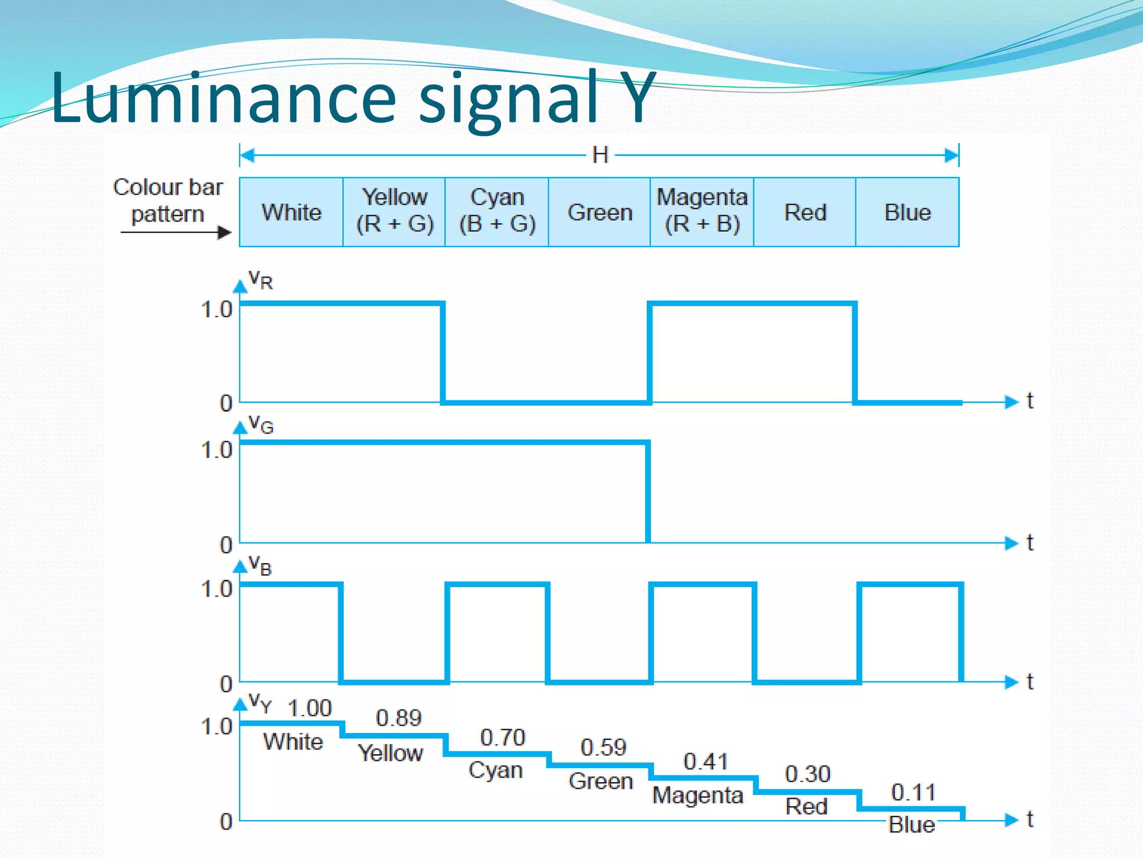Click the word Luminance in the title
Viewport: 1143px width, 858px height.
(x=223, y=98)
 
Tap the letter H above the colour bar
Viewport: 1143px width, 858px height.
(x=600, y=155)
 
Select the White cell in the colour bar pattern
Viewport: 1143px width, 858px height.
(x=291, y=212)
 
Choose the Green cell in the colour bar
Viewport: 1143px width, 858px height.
(x=600, y=212)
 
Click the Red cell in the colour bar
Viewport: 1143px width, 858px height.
(x=805, y=212)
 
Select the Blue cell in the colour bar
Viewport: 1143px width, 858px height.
(x=907, y=212)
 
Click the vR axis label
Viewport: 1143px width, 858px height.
(x=260, y=279)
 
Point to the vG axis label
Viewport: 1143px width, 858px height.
(x=260, y=424)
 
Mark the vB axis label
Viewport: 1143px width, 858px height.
(x=260, y=565)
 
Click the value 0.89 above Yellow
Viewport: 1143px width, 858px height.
(x=398, y=718)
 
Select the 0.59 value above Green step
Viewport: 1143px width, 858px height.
(x=603, y=747)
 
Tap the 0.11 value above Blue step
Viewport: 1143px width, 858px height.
(x=913, y=792)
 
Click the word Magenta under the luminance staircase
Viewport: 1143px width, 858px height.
(x=698, y=795)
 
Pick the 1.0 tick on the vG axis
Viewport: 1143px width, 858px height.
(x=216, y=450)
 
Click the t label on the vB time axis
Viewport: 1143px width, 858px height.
(x=1030, y=681)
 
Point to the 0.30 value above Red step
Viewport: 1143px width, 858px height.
(x=808, y=774)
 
